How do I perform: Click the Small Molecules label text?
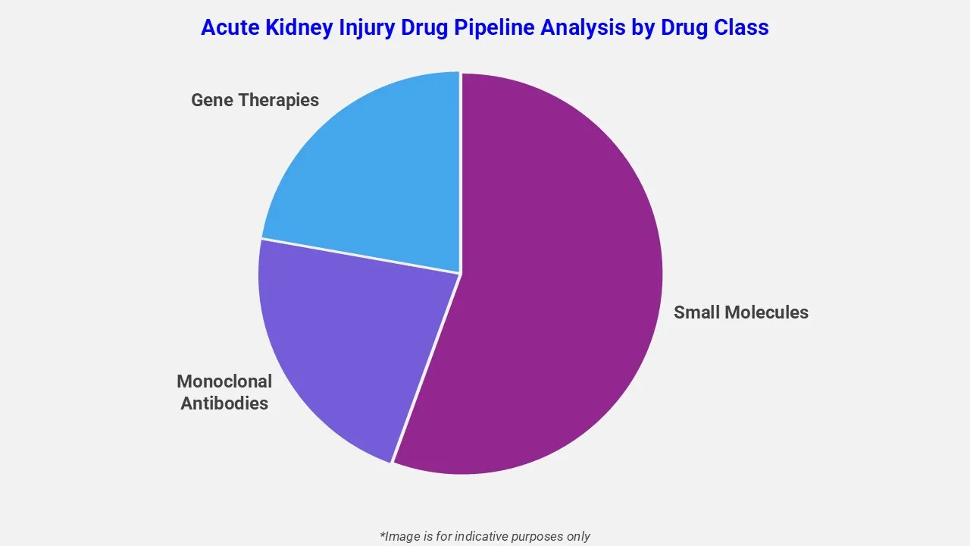point(740,312)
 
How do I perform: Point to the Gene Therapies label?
point(255,100)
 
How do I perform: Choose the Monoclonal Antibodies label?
point(224,392)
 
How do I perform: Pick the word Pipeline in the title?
point(505,28)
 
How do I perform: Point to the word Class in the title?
point(742,28)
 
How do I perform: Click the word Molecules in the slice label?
point(767,312)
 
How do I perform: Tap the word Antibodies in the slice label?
point(224,403)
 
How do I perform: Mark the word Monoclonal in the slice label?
point(224,381)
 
